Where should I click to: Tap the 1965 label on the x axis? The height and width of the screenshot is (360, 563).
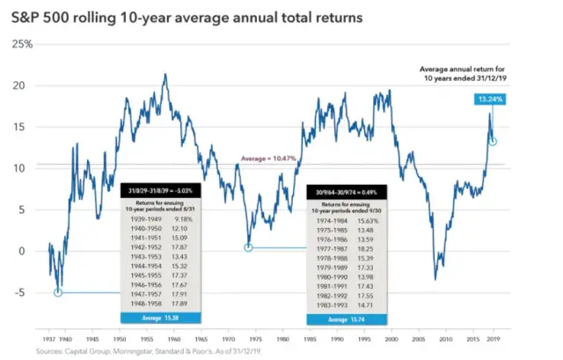[201, 337]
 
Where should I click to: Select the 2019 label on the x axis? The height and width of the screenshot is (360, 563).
[493, 337]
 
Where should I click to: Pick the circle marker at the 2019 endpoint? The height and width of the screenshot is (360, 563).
[494, 141]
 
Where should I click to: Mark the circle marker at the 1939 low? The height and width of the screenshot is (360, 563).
[58, 292]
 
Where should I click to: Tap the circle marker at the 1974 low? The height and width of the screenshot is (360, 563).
[249, 247]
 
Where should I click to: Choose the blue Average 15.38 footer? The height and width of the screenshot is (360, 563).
[161, 314]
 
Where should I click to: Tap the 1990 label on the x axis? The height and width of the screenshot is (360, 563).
[336, 337]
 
